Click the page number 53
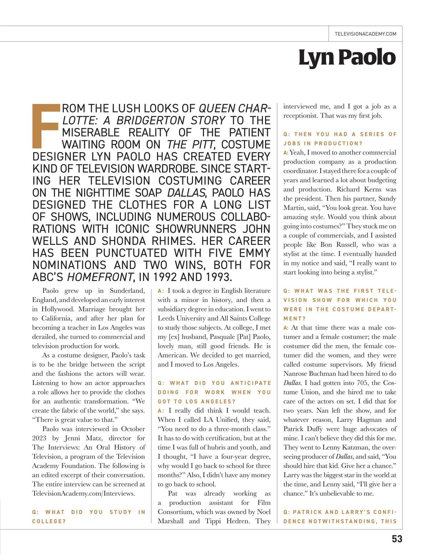tap(397, 539)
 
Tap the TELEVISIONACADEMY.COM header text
tap(366, 34)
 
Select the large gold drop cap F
tap(46, 126)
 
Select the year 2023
tap(39, 438)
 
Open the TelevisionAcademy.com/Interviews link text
tap(83, 493)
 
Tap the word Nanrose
tap(299, 374)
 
